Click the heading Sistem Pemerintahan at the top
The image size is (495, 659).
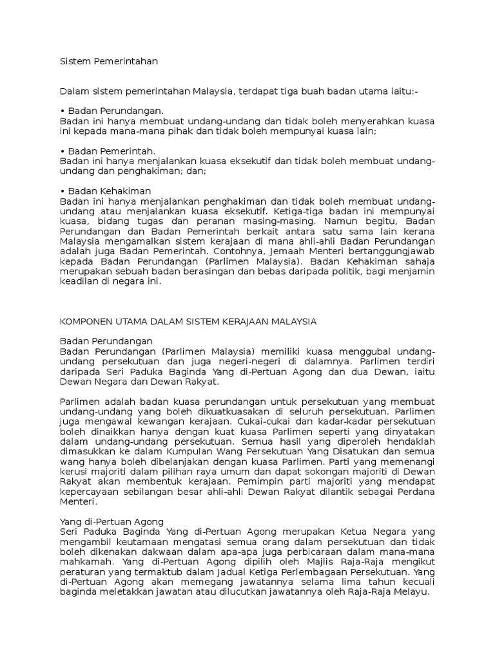pyautogui.click(x=108, y=62)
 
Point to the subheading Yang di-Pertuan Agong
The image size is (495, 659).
pyautogui.click(x=112, y=521)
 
